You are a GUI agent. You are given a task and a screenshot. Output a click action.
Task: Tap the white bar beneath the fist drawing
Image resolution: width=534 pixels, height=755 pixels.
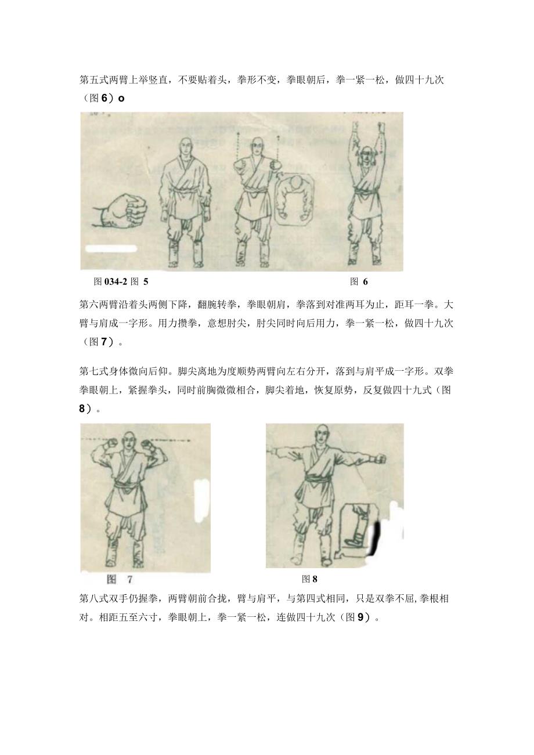point(111,249)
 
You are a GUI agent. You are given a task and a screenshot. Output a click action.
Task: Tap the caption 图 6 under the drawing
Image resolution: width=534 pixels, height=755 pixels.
point(359,282)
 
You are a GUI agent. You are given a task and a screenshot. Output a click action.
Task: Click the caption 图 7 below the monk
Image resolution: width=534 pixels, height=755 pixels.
point(120,579)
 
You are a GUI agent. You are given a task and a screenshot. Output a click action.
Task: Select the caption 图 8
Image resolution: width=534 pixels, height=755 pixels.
point(310,579)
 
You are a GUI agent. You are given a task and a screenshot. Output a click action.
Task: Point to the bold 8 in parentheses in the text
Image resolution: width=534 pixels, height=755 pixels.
point(82,409)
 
